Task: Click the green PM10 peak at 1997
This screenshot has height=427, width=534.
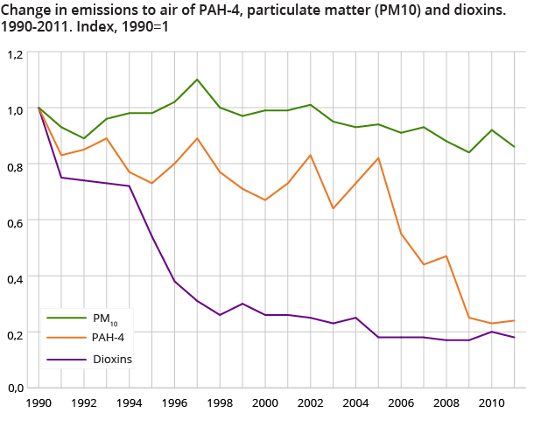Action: pyautogui.click(x=197, y=80)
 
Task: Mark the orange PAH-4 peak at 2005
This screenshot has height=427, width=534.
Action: pyautogui.click(x=378, y=158)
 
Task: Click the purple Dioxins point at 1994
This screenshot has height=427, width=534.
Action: pyautogui.click(x=130, y=186)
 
